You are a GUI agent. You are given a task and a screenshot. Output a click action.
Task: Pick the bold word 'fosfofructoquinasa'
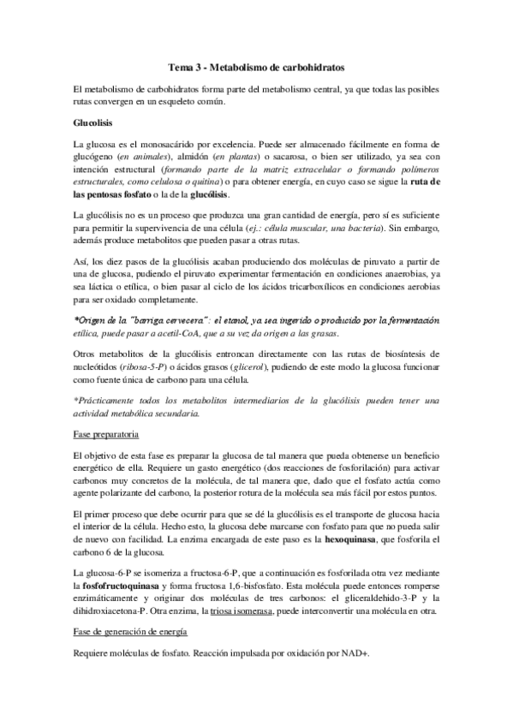[x=115, y=576]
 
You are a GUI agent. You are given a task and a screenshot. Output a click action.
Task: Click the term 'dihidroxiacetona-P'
[x=118, y=611]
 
